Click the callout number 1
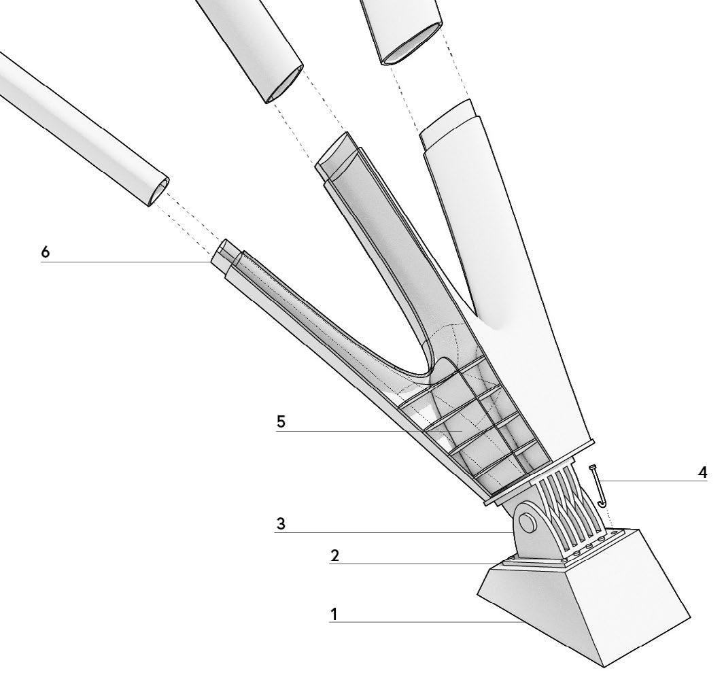(334, 615)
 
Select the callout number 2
(335, 555)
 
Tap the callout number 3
(281, 523)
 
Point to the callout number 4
(702, 472)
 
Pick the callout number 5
(281, 421)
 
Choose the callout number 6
(45, 252)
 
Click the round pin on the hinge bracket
(526, 521)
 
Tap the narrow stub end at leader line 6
(222, 252)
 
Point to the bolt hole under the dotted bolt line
(614, 533)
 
